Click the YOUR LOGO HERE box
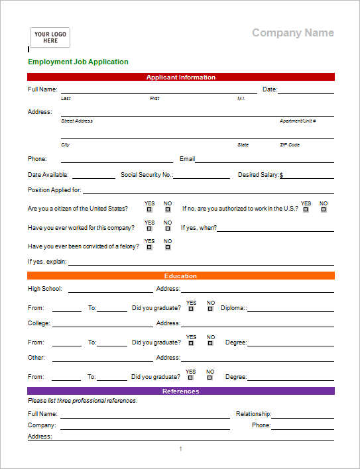click(x=50, y=37)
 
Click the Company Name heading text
click(x=292, y=33)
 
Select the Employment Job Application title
click(x=78, y=62)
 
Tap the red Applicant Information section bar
click(x=180, y=77)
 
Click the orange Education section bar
click(x=180, y=276)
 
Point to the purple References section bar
click(x=180, y=391)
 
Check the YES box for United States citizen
click(x=149, y=209)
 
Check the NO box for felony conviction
click(x=168, y=247)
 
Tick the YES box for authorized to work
click(x=306, y=209)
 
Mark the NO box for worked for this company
click(x=168, y=229)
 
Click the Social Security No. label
click(x=146, y=175)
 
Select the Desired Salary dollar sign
click(x=281, y=176)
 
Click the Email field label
click(x=187, y=159)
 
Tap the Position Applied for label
click(x=54, y=190)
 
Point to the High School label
click(x=45, y=289)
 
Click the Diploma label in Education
click(x=233, y=307)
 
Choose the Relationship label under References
click(x=253, y=414)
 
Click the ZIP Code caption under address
click(x=289, y=144)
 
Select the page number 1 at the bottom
click(x=180, y=449)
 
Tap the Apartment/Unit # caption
click(x=298, y=121)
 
